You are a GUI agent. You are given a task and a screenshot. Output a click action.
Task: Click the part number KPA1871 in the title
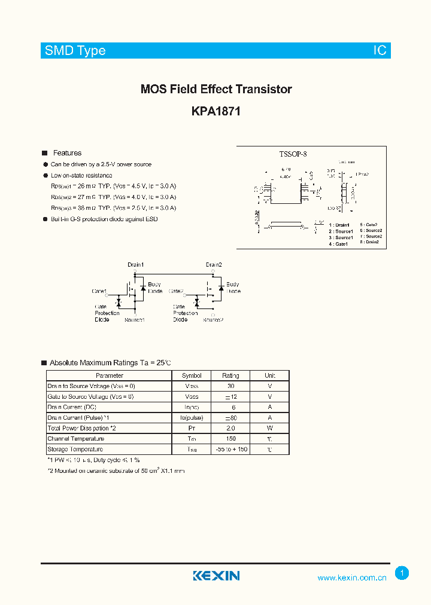point(215,111)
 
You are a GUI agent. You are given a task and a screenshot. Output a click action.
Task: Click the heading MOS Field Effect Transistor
point(215,89)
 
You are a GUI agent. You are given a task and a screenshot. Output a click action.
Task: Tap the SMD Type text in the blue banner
point(75,51)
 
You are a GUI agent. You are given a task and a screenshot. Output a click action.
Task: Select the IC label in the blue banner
point(380,51)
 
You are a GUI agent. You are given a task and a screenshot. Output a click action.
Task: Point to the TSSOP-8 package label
point(293,154)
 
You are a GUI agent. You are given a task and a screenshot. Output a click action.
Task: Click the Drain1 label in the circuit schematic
point(135,265)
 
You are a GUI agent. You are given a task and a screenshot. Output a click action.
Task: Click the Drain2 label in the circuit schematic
point(214,265)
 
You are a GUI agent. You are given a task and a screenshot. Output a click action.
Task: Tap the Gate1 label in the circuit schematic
point(99,291)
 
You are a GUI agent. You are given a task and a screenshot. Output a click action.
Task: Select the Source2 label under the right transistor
point(213,320)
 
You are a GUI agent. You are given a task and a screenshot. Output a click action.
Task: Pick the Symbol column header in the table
point(192,375)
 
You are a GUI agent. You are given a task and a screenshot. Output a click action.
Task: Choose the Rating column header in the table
point(230,375)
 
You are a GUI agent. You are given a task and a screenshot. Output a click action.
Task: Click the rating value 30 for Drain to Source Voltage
point(230,386)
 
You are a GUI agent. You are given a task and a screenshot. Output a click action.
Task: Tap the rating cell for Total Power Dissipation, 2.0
point(230,428)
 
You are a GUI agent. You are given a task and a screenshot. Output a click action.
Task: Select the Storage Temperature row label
point(75,449)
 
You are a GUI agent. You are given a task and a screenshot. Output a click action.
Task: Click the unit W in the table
point(270,428)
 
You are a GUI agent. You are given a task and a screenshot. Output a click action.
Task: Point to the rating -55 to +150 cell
point(230,449)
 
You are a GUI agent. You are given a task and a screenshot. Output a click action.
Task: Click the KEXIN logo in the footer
point(216,576)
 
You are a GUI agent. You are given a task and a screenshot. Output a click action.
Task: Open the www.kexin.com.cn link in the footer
point(351,577)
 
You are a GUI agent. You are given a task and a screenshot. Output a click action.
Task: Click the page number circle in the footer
point(402,573)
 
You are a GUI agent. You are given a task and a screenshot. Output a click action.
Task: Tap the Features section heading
point(67,153)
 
